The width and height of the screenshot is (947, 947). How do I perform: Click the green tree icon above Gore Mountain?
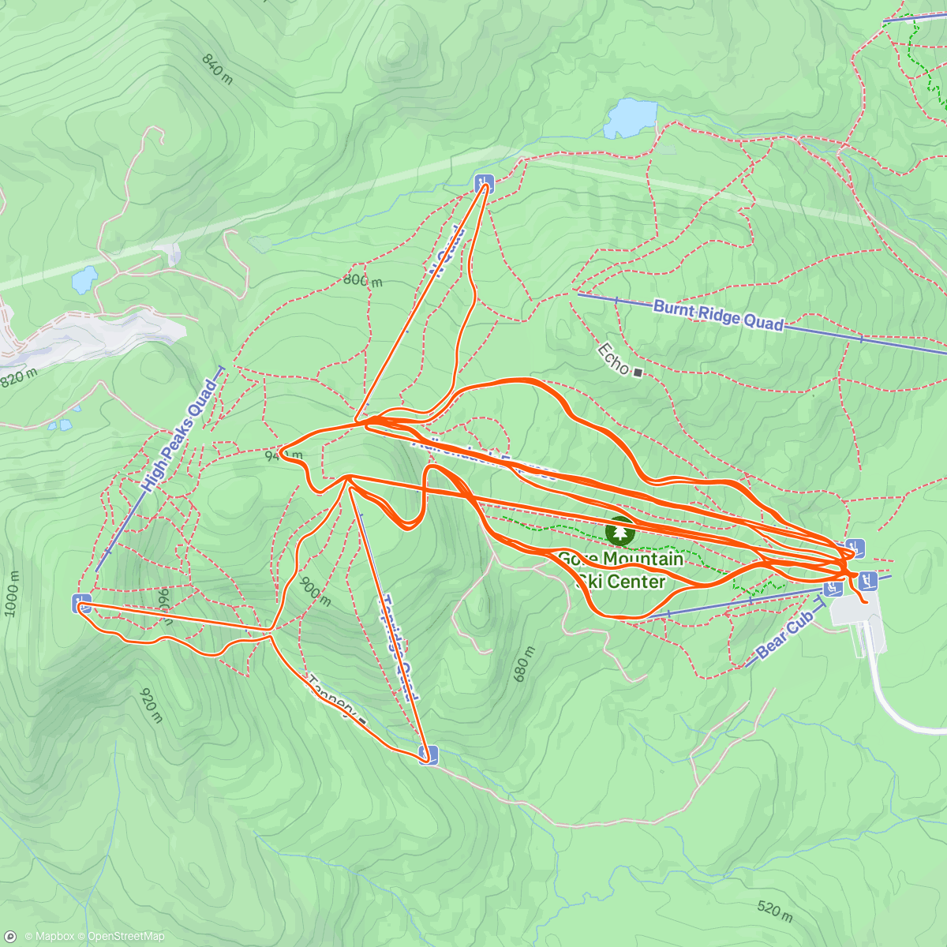coord(621,533)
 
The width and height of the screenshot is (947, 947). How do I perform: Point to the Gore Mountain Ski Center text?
coord(621,570)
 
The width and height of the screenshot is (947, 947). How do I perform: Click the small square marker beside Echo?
coord(638,372)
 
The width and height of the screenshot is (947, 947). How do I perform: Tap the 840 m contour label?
coord(218,69)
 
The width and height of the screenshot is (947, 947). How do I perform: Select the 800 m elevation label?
coord(362,279)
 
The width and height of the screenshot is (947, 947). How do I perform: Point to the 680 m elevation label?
coord(523,664)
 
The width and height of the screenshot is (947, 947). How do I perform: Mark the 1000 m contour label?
coord(12,589)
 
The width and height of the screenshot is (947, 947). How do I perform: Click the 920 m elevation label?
coord(151,705)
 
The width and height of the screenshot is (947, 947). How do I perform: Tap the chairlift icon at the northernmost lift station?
coord(484,184)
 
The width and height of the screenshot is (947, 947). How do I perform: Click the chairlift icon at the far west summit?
coord(81,604)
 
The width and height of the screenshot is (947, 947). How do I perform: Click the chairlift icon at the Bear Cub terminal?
coord(833,588)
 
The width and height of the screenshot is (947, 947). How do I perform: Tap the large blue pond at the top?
coord(630,118)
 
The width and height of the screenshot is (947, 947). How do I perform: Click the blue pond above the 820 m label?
coord(84,279)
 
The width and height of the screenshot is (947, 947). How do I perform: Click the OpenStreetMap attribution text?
coord(126,937)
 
